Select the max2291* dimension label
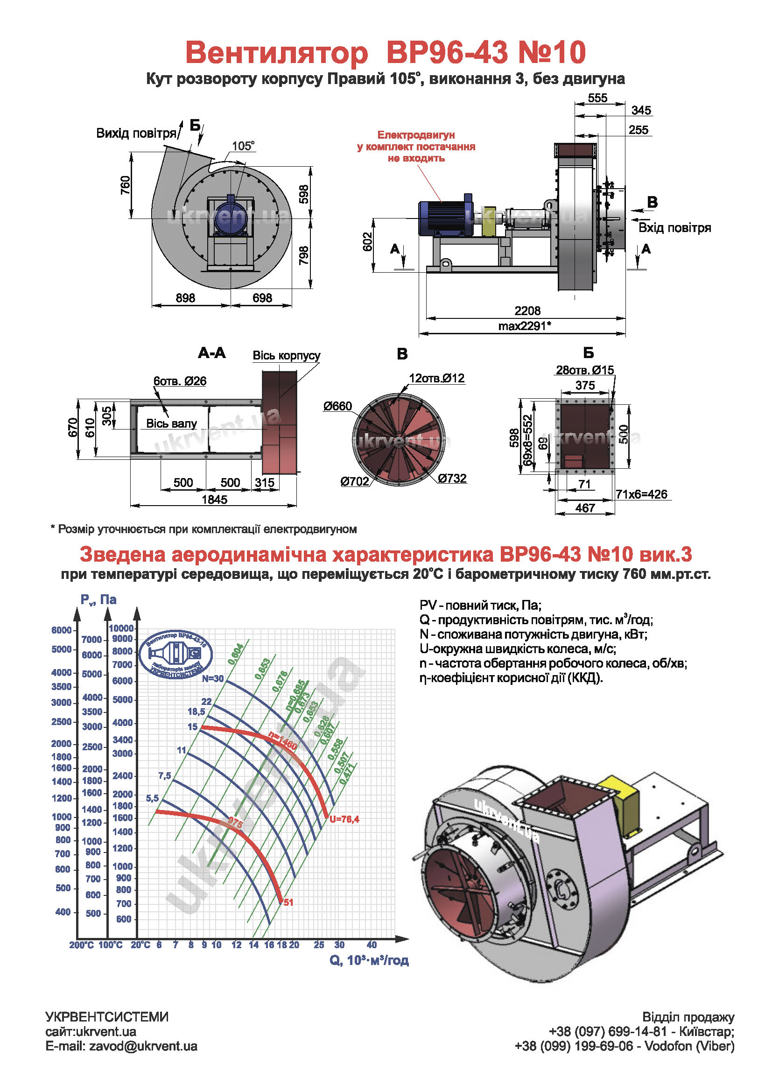click(525, 326)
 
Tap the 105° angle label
click(243, 146)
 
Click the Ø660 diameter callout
click(337, 406)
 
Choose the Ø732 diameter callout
click(452, 478)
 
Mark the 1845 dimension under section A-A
click(214, 500)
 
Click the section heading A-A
click(212, 353)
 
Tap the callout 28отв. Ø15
click(585, 370)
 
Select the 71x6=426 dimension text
click(641, 494)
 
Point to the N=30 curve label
click(212, 679)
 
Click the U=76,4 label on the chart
click(344, 819)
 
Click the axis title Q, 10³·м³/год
click(369, 960)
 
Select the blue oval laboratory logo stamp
click(175, 654)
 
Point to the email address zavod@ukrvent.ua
click(143, 1046)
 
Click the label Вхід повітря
click(674, 228)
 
